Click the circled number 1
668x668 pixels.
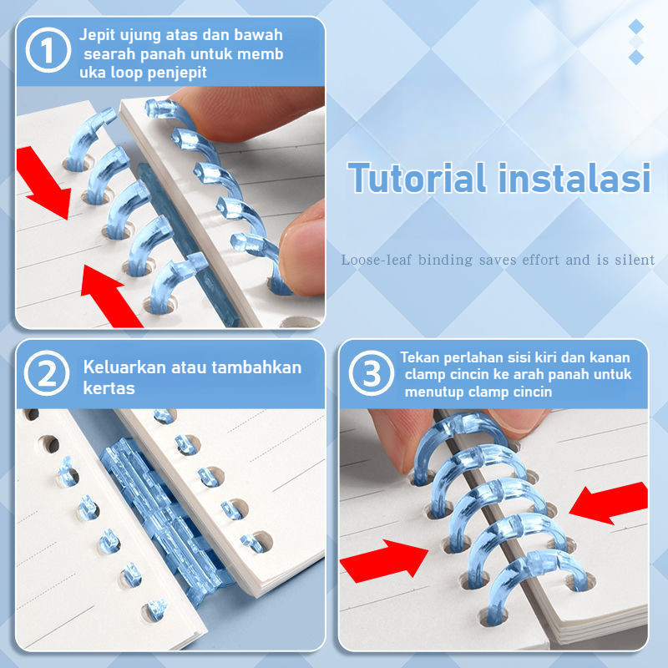click(x=48, y=50)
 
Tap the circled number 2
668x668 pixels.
click(x=47, y=373)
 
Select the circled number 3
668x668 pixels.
click(x=371, y=373)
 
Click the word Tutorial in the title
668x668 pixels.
click(x=417, y=178)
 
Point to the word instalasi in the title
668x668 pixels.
click(x=574, y=178)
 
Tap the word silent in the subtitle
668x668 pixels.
click(x=635, y=260)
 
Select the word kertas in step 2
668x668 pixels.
click(x=109, y=388)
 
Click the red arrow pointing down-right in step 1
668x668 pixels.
click(x=43, y=182)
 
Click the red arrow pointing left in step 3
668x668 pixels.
click(x=609, y=503)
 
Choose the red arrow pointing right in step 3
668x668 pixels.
click(x=384, y=559)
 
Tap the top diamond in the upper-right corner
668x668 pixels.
click(x=636, y=27)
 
